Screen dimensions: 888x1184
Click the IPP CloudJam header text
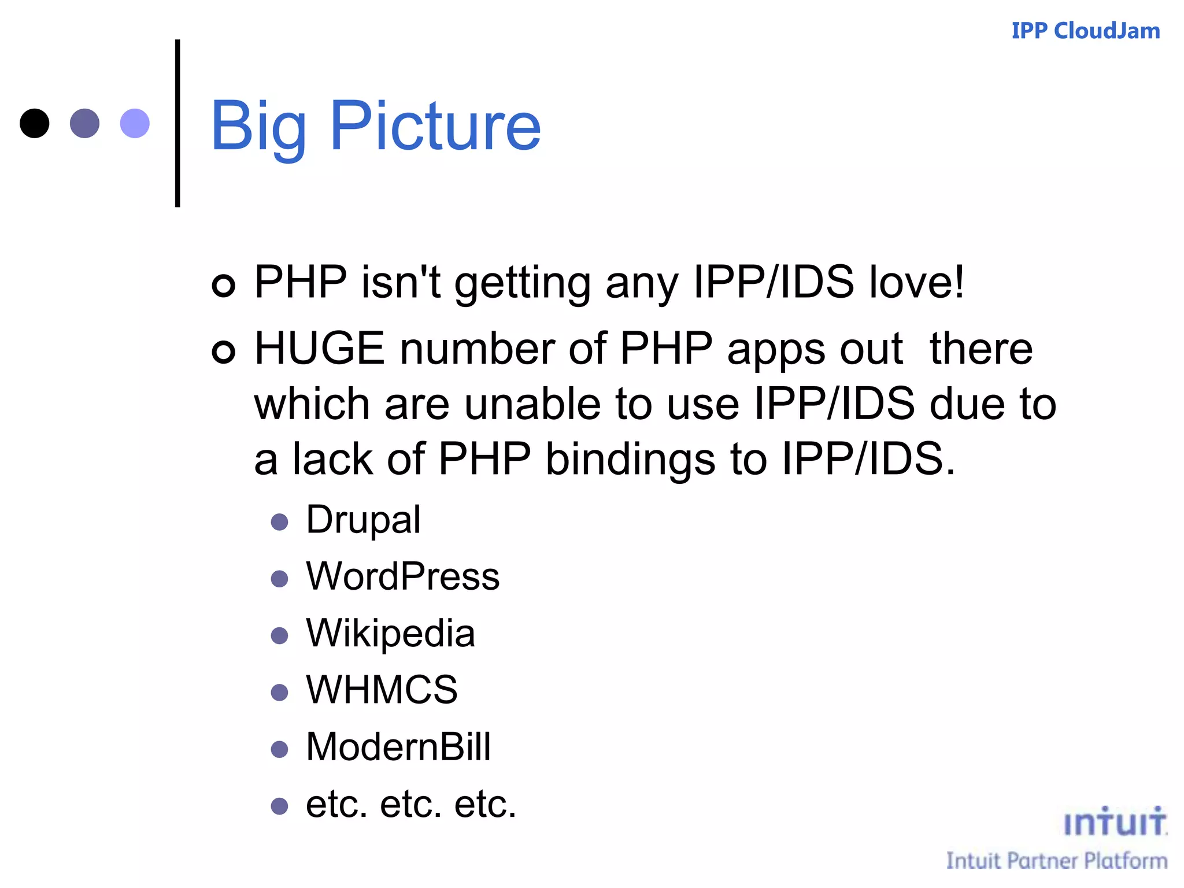pyautogui.click(x=1085, y=31)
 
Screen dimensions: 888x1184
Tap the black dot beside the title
pyautogui.click(x=35, y=123)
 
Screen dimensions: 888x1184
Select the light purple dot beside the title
pyautogui.click(x=135, y=123)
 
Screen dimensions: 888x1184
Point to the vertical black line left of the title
pyautogui.click(x=177, y=123)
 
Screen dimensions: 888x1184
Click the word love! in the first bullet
pyautogui.click(x=917, y=282)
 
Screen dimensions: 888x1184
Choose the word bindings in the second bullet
pyautogui.click(x=630, y=459)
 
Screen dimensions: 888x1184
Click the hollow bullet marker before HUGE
pyautogui.click(x=224, y=351)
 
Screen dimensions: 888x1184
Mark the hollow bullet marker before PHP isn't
pyautogui.click(x=224, y=285)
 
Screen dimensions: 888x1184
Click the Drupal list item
pyautogui.click(x=363, y=520)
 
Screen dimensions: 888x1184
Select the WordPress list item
pyautogui.click(x=402, y=576)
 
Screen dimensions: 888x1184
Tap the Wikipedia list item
pyautogui.click(x=390, y=633)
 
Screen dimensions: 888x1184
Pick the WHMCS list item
pyautogui.click(x=382, y=690)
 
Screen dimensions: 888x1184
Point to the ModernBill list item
pyautogui.click(x=398, y=746)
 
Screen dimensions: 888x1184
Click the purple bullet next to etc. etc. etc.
pyautogui.click(x=279, y=806)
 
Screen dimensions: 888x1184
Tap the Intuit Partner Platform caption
pyautogui.click(x=1056, y=861)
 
